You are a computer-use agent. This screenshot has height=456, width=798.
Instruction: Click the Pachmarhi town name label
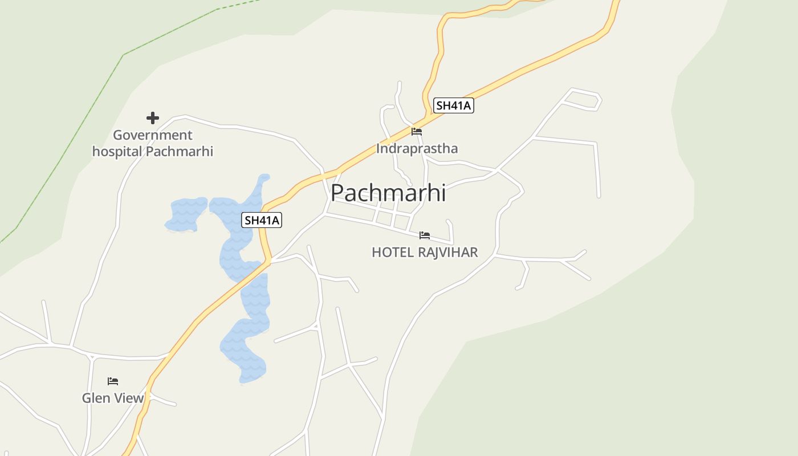pos(388,193)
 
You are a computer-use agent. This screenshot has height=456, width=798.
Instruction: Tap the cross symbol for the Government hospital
pos(153,118)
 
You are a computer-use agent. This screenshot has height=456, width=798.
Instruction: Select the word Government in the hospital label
pos(153,135)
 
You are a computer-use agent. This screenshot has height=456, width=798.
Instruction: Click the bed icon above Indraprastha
pos(417,132)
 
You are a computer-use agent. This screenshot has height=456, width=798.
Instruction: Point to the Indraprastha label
pos(417,149)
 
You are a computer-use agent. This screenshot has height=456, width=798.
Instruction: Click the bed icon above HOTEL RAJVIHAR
pos(425,235)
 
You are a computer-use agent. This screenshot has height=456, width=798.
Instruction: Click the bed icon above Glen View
pos(113,381)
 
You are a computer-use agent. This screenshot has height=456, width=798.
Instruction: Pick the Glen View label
pos(113,398)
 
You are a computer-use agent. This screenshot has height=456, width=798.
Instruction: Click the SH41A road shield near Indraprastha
pos(454,105)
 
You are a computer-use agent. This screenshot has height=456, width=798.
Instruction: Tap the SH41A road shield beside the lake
pos(262,220)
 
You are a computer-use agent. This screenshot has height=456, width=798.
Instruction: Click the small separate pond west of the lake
pos(186,214)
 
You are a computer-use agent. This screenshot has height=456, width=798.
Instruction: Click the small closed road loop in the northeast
pos(581,100)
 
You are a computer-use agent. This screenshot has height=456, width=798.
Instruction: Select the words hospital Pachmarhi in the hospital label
pos(153,152)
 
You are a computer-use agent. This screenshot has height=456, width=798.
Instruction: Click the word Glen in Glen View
pos(96,398)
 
